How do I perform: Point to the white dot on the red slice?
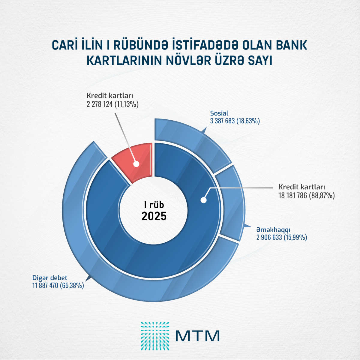(x=136, y=164)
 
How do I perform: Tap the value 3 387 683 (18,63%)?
(x=235, y=121)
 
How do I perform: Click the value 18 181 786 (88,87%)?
(x=306, y=196)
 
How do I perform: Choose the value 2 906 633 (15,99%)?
(x=281, y=238)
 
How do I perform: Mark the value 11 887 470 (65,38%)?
(x=58, y=285)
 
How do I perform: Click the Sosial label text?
(x=219, y=113)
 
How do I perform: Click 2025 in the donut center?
(x=154, y=216)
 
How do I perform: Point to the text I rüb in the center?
(x=154, y=205)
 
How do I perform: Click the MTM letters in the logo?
(x=197, y=336)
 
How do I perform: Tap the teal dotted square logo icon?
(x=155, y=336)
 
